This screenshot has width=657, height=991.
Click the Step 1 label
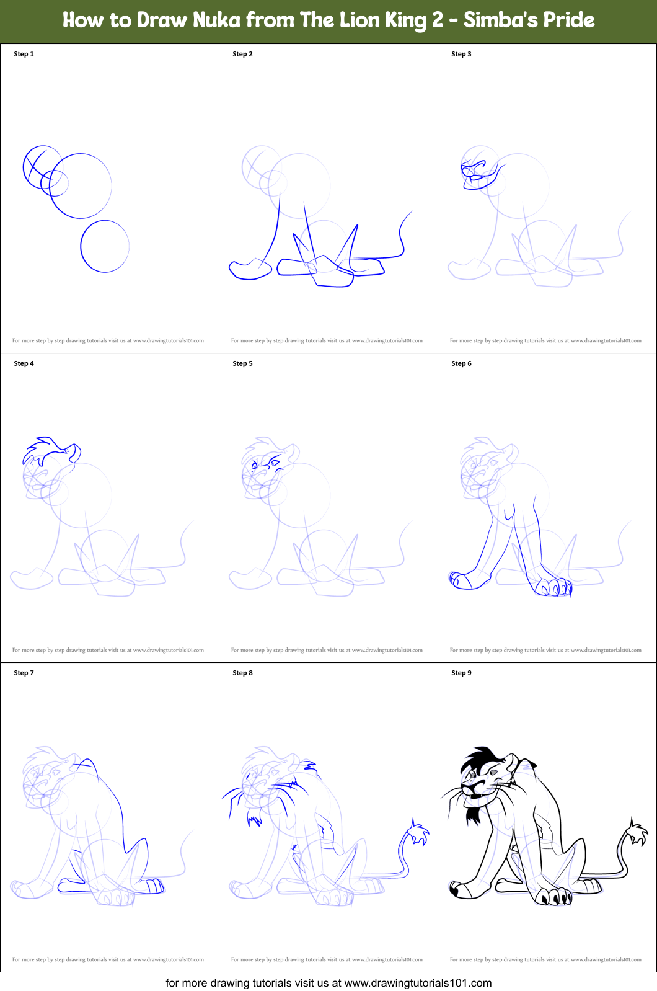pos(24,54)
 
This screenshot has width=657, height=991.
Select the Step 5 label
pos(242,363)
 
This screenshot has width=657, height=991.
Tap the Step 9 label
pos(461,673)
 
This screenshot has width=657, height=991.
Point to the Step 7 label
pos(24,673)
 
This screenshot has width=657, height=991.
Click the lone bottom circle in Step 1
pos(105,246)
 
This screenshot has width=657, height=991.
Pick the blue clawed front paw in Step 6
pos(553,586)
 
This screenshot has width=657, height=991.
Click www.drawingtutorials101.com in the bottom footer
pos(418,983)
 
